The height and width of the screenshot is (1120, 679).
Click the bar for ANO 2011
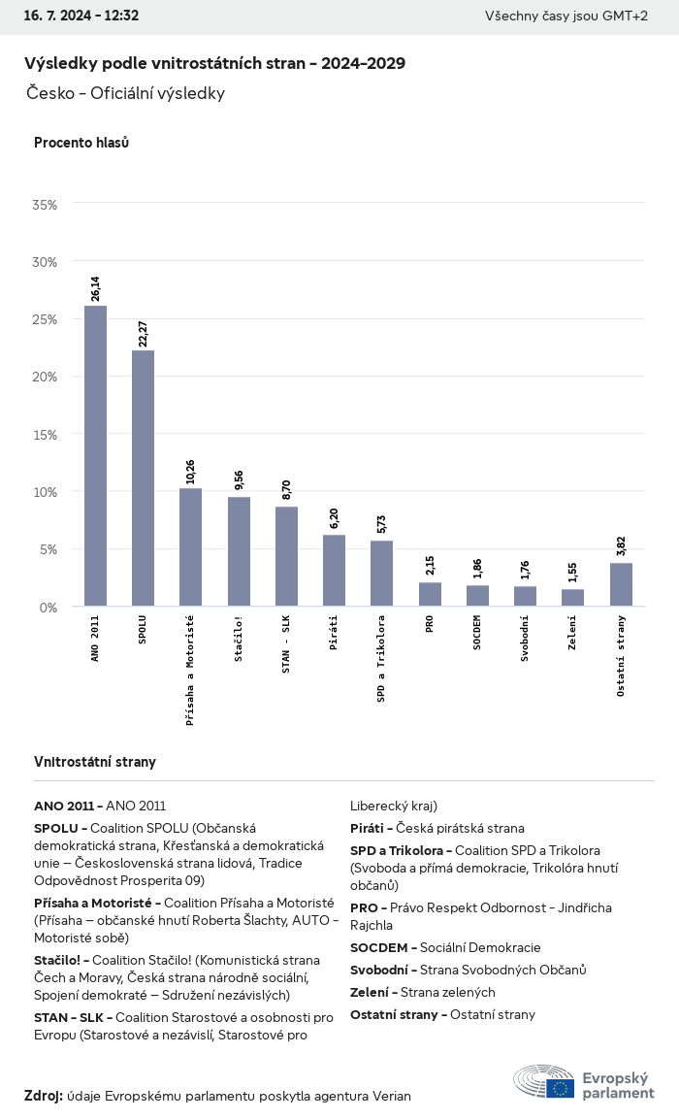click(95, 456)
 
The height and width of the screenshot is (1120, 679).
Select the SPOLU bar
click(143, 478)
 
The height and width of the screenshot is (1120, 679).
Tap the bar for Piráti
click(334, 571)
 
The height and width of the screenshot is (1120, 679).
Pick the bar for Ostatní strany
click(621, 584)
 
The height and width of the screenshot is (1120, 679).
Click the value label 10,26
click(191, 472)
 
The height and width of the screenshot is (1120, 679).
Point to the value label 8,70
click(286, 489)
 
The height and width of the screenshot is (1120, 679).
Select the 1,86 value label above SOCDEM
click(477, 569)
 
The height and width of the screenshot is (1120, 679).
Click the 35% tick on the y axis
click(45, 205)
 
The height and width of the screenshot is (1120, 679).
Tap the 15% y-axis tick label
click(45, 435)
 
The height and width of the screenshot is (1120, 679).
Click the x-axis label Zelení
click(572, 633)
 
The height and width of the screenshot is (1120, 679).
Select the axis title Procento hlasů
click(81, 143)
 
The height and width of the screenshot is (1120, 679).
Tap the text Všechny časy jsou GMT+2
click(566, 16)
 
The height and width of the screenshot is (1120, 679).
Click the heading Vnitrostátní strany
click(95, 762)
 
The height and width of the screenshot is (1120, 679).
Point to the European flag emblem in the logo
click(560, 1087)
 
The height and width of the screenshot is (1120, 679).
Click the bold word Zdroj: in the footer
click(44, 1096)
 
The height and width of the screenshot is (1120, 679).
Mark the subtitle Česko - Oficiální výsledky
click(126, 93)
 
